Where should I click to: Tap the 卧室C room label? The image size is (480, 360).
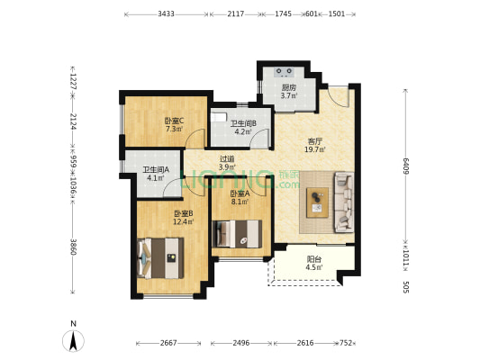(174, 121)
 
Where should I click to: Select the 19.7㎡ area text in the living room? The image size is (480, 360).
(314, 149)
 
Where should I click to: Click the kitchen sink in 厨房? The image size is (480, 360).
(285, 72)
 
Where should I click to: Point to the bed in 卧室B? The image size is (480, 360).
(160, 258)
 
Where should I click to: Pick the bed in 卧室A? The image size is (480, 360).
(237, 234)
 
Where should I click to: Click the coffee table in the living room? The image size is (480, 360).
(318, 202)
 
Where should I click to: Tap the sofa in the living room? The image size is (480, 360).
(344, 202)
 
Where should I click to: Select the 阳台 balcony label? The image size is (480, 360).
(314, 259)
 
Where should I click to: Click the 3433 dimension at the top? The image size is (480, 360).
(166, 13)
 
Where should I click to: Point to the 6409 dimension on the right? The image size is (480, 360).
(406, 166)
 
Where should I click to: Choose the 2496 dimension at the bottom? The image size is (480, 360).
(241, 343)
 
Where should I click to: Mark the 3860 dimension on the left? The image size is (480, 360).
(73, 247)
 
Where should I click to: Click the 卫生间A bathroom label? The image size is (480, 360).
(156, 169)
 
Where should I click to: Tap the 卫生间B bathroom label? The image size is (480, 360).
(243, 123)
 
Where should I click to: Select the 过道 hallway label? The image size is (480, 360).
(227, 159)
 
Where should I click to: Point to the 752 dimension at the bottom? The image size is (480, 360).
(346, 343)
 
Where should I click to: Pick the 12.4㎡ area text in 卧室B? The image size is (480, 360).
(184, 221)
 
